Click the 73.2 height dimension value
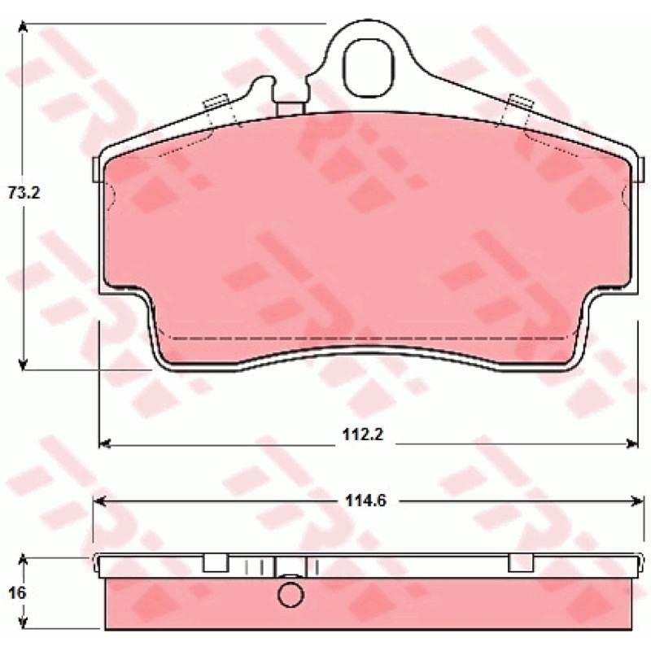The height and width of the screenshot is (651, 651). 24,193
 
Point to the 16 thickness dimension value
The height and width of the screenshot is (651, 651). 17,593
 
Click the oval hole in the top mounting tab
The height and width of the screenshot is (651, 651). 369,68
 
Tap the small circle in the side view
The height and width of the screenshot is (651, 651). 291,595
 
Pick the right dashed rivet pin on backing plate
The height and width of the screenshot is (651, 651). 516,110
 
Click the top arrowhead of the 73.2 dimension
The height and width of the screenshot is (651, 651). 24,27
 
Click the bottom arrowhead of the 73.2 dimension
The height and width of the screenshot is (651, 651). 24,365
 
